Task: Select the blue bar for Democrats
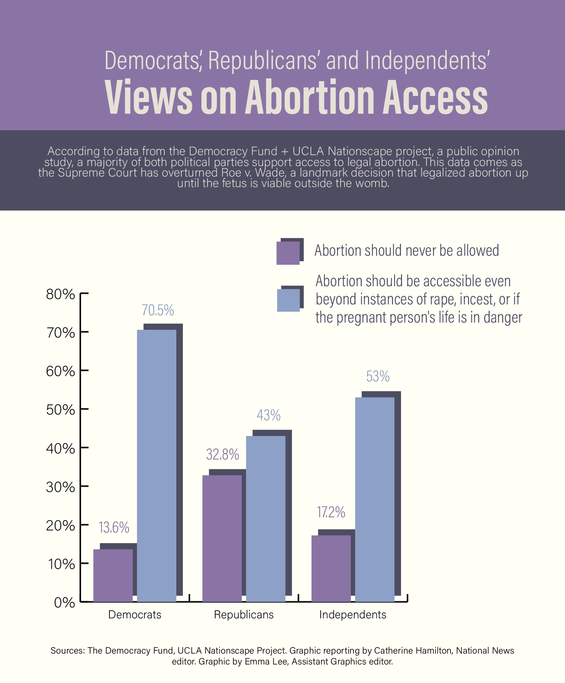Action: tap(156, 465)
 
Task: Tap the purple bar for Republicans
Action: tap(222, 538)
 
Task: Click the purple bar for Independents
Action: tap(331, 568)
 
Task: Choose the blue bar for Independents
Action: tap(374, 499)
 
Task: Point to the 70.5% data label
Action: tap(158, 310)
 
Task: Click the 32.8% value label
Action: tap(223, 454)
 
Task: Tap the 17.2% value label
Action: tap(331, 512)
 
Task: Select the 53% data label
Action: tap(378, 377)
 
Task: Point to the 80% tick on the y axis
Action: tap(60, 294)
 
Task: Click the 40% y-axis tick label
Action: tap(60, 448)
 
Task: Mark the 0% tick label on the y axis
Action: tap(64, 603)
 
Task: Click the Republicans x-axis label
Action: tap(244, 615)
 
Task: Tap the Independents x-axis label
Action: tap(353, 615)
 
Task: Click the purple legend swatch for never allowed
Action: tap(288, 253)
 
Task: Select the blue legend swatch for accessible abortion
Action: tap(288, 300)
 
